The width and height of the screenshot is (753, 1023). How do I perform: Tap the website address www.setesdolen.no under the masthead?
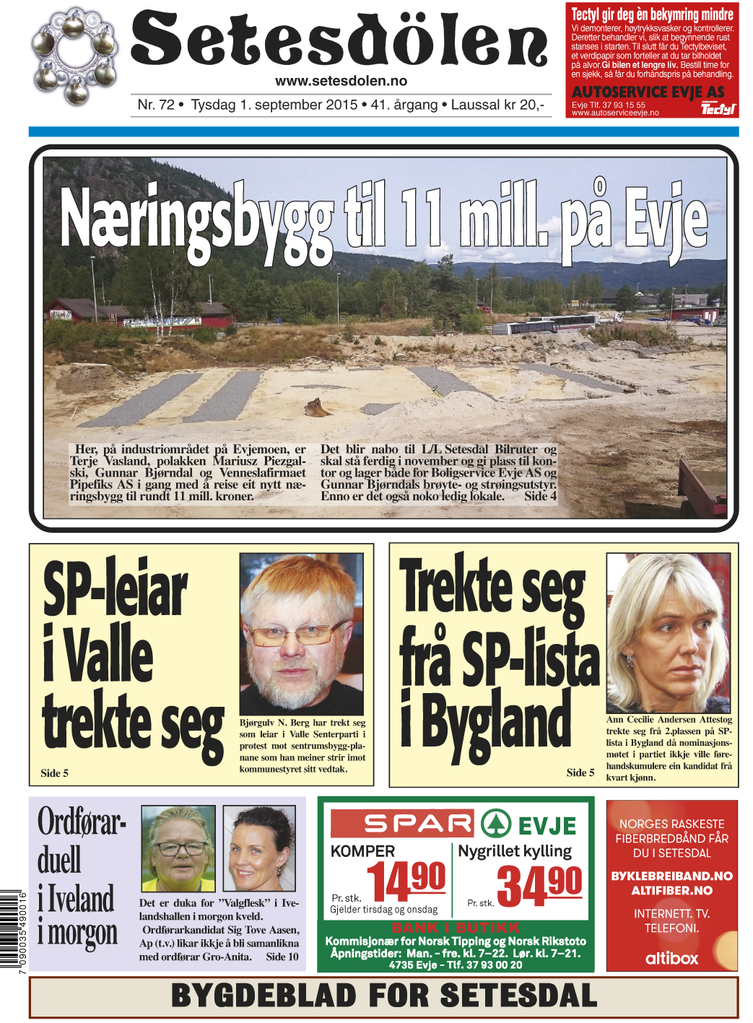(x=341, y=81)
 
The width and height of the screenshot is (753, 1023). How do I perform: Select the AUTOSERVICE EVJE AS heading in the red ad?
(x=648, y=92)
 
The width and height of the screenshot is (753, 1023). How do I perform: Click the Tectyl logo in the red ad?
(x=718, y=109)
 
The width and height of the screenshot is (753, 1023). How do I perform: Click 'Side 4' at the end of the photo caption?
(x=540, y=496)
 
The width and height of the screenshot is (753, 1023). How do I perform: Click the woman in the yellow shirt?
(x=178, y=849)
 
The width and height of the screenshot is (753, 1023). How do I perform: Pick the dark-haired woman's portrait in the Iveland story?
(x=259, y=849)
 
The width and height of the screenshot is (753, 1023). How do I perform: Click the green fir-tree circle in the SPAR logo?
(x=495, y=824)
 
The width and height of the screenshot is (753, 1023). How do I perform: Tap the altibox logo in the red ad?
(x=671, y=958)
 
